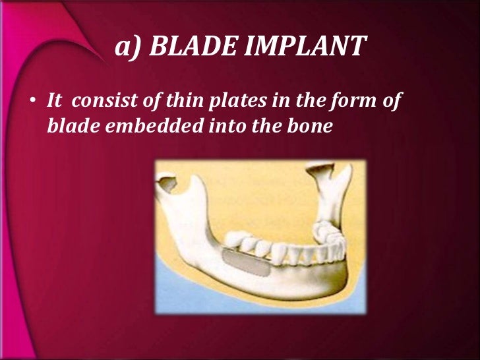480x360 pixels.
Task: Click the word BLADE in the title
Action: coord(187,47)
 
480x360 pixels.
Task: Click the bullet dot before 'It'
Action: coord(32,104)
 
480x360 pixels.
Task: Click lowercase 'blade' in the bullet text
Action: coord(69,125)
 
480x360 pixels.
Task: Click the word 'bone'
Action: coord(307,125)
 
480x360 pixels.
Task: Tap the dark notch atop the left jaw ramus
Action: coord(169,184)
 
